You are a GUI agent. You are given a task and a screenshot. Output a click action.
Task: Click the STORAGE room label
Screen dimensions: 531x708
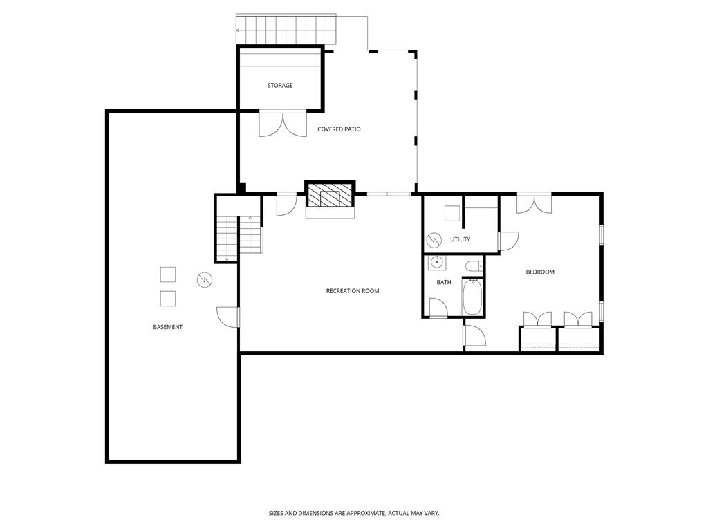280,86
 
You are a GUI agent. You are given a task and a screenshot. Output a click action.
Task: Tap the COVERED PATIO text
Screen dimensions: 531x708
339,129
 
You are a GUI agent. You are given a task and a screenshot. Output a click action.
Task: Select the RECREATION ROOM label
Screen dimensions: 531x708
353,291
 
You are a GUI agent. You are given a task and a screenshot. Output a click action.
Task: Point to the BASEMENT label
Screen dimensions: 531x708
167,327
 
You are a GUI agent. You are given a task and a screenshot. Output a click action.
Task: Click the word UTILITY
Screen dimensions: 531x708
460,239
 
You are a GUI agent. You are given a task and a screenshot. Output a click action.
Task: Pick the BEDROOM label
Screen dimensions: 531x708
540,272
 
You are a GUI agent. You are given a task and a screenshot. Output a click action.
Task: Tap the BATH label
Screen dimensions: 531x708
444,282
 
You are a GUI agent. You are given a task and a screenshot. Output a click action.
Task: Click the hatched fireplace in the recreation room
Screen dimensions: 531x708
330,195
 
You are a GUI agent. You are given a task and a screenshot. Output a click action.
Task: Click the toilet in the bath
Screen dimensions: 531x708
474,265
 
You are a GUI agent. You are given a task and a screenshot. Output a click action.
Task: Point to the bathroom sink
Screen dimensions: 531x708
437,263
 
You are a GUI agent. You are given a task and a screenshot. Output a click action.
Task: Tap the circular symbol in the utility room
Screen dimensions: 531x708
434,239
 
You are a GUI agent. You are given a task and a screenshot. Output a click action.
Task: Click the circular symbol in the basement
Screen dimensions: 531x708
205,279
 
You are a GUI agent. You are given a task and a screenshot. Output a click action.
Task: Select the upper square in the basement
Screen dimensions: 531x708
167,274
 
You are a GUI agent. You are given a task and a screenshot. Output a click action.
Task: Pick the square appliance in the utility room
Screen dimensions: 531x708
452,214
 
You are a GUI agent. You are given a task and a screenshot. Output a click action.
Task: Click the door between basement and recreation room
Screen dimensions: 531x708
228,317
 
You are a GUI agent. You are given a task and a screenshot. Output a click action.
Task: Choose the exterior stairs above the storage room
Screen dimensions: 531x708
287,30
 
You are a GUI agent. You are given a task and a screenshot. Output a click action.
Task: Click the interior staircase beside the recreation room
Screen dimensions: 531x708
239,239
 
